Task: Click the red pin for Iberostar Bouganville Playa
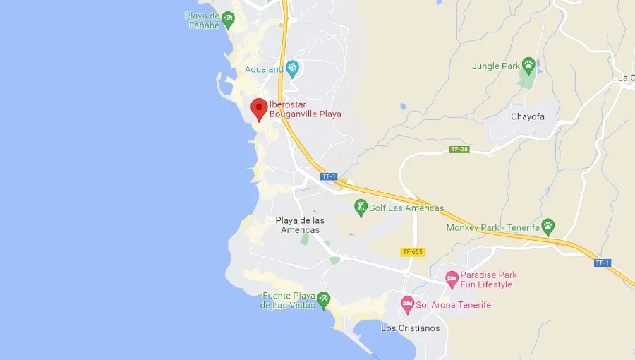[x=259, y=108]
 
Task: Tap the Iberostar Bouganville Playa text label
[x=305, y=109]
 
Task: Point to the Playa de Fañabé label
[x=202, y=19]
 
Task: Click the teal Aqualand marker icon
[x=292, y=68]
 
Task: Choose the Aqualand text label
[x=264, y=69]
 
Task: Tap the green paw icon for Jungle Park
[x=528, y=66]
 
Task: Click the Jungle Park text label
[x=495, y=66]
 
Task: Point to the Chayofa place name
[x=528, y=116]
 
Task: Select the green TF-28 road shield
[x=459, y=150]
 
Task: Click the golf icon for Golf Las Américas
[x=361, y=208]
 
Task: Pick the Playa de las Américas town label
[x=300, y=225]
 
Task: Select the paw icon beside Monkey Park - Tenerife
[x=548, y=227]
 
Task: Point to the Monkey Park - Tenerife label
[x=492, y=227]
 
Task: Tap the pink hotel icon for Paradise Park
[x=452, y=280]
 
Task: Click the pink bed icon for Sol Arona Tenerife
[x=407, y=305]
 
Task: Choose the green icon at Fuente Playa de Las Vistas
[x=323, y=300]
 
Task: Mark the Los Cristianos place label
[x=410, y=328]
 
